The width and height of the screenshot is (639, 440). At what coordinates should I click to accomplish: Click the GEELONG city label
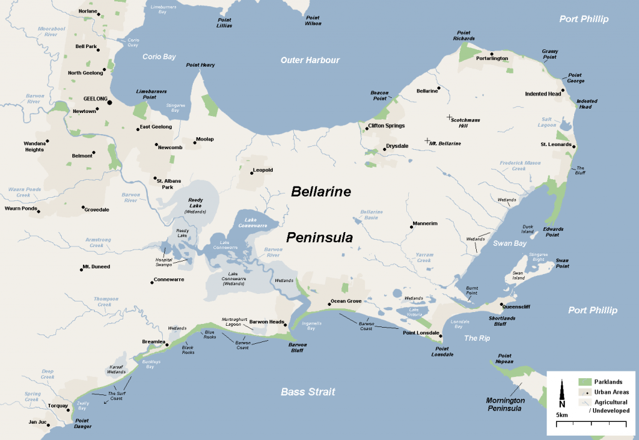(x=95, y=99)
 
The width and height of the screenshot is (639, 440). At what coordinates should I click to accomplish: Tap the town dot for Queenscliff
(x=502, y=305)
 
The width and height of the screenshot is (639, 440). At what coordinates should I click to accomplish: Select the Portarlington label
(x=492, y=58)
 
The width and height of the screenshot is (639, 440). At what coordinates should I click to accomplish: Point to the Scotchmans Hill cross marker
(x=449, y=117)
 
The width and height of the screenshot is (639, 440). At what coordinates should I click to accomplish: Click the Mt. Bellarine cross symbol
(x=427, y=140)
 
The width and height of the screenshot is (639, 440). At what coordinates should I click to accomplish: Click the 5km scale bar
(x=591, y=424)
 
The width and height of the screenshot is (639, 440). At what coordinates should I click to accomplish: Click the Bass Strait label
(x=308, y=392)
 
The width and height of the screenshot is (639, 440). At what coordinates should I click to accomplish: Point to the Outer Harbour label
(x=310, y=60)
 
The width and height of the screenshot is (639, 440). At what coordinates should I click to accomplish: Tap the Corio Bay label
(x=159, y=57)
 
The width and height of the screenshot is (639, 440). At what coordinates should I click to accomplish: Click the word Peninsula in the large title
(x=319, y=237)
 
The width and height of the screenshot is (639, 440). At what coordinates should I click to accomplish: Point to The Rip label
(x=477, y=338)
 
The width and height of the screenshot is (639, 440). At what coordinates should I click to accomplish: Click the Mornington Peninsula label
(x=505, y=404)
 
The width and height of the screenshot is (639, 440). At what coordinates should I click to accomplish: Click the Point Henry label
(x=200, y=65)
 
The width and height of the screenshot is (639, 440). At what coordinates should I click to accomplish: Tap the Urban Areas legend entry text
(x=612, y=392)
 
